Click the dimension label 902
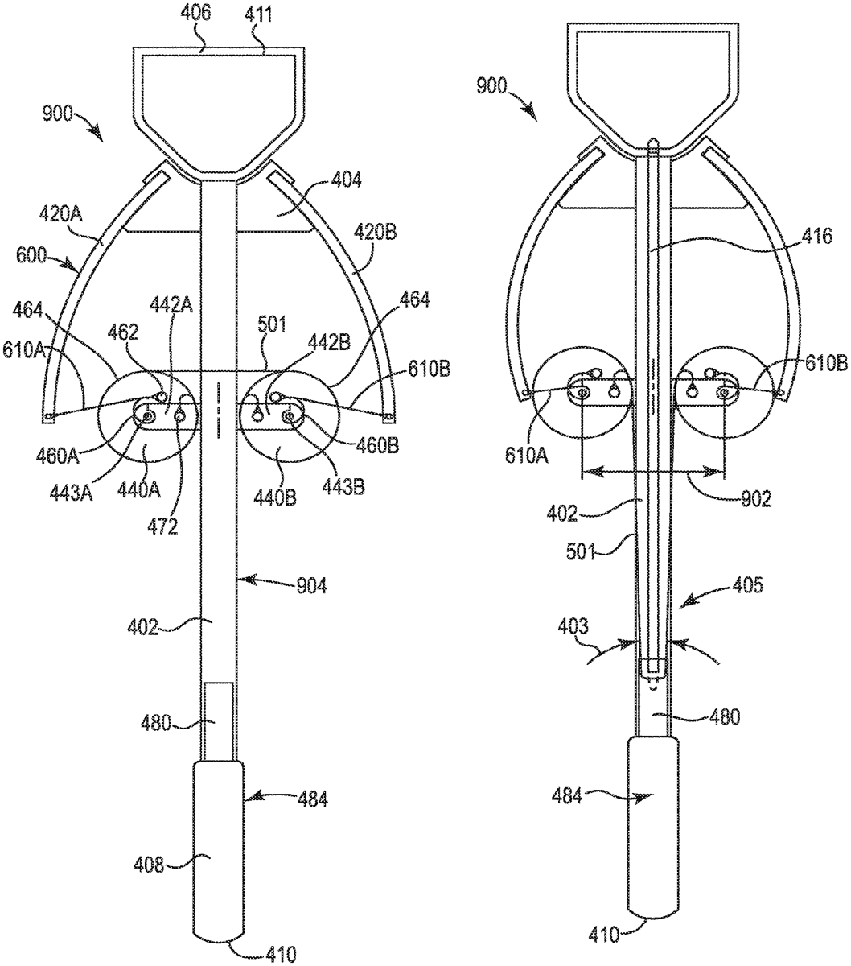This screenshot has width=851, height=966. [755, 498]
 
